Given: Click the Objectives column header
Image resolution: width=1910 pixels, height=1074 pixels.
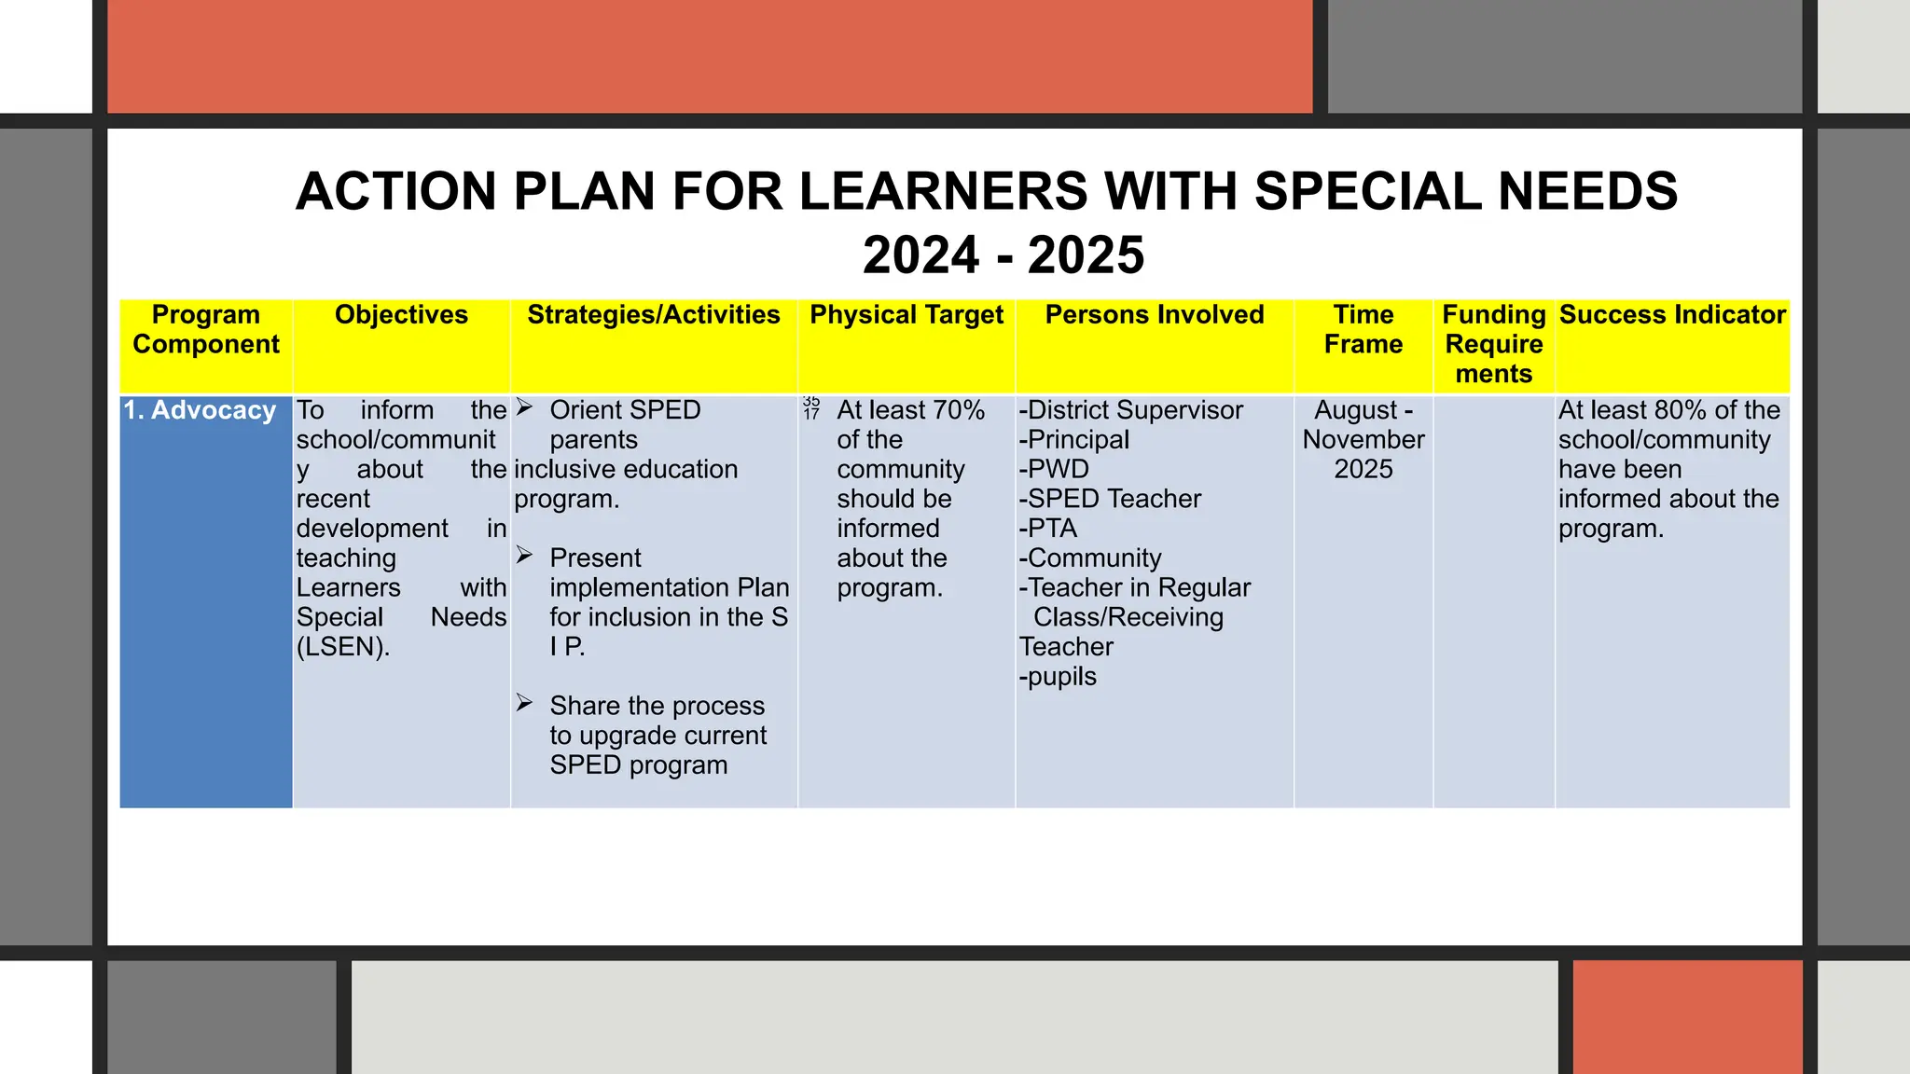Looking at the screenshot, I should [401, 315].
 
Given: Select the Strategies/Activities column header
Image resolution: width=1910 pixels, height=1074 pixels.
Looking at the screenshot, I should [653, 315].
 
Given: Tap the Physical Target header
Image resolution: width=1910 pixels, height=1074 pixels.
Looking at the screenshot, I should [907, 315].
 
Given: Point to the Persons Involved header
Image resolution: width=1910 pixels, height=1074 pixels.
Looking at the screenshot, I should [1155, 315].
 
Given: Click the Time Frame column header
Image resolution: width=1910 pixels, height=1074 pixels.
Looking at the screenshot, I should [1363, 329].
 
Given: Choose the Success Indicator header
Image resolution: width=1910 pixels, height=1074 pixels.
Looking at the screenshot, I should [1672, 315].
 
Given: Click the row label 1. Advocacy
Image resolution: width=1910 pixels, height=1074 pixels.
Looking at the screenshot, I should [200, 410].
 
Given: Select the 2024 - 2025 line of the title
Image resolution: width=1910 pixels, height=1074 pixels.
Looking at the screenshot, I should [1003, 255].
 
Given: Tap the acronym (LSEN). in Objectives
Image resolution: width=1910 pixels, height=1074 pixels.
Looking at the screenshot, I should [343, 647].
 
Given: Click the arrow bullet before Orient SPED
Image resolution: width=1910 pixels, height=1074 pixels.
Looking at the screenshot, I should [525, 407].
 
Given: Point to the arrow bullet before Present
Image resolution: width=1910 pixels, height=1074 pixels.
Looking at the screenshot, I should [525, 556].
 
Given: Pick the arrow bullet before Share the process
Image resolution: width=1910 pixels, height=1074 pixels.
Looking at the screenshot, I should [525, 703].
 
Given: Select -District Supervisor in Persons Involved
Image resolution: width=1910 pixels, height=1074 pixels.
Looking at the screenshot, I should [1131, 410].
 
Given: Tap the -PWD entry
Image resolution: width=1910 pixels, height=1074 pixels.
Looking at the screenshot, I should [1054, 469].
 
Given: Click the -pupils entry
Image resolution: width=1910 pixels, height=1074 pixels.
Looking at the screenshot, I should [1058, 677].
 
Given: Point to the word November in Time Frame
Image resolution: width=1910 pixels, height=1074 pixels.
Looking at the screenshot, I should [1363, 440].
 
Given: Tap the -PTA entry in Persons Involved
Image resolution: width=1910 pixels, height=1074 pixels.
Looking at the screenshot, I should [1048, 529].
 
